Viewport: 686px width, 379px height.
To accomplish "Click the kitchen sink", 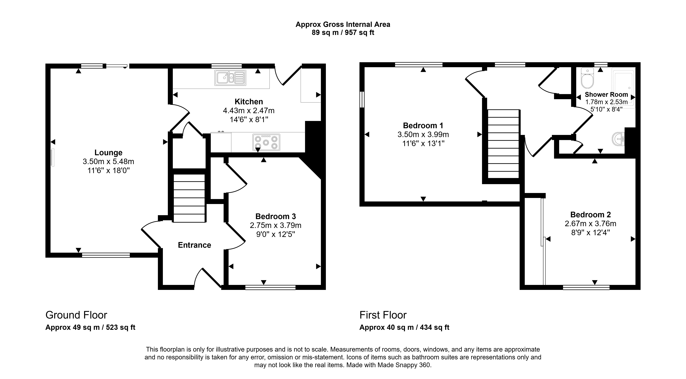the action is pyautogui.click(x=230, y=78).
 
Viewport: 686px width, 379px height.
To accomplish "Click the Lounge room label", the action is pyautogui.click(x=108, y=153).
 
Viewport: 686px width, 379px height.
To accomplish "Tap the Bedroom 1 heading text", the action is pyautogui.click(x=423, y=125).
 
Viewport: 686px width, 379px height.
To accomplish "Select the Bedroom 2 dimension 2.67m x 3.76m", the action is pyautogui.click(x=590, y=224).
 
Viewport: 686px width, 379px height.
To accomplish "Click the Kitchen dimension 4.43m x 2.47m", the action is pyautogui.click(x=249, y=110).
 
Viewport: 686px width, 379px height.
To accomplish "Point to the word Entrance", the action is pyautogui.click(x=194, y=245).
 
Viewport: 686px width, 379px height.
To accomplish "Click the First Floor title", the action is pyautogui.click(x=383, y=315).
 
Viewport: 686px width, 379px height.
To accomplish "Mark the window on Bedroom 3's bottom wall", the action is pyautogui.click(x=270, y=287).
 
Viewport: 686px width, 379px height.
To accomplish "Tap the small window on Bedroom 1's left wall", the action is pyautogui.click(x=362, y=100).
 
